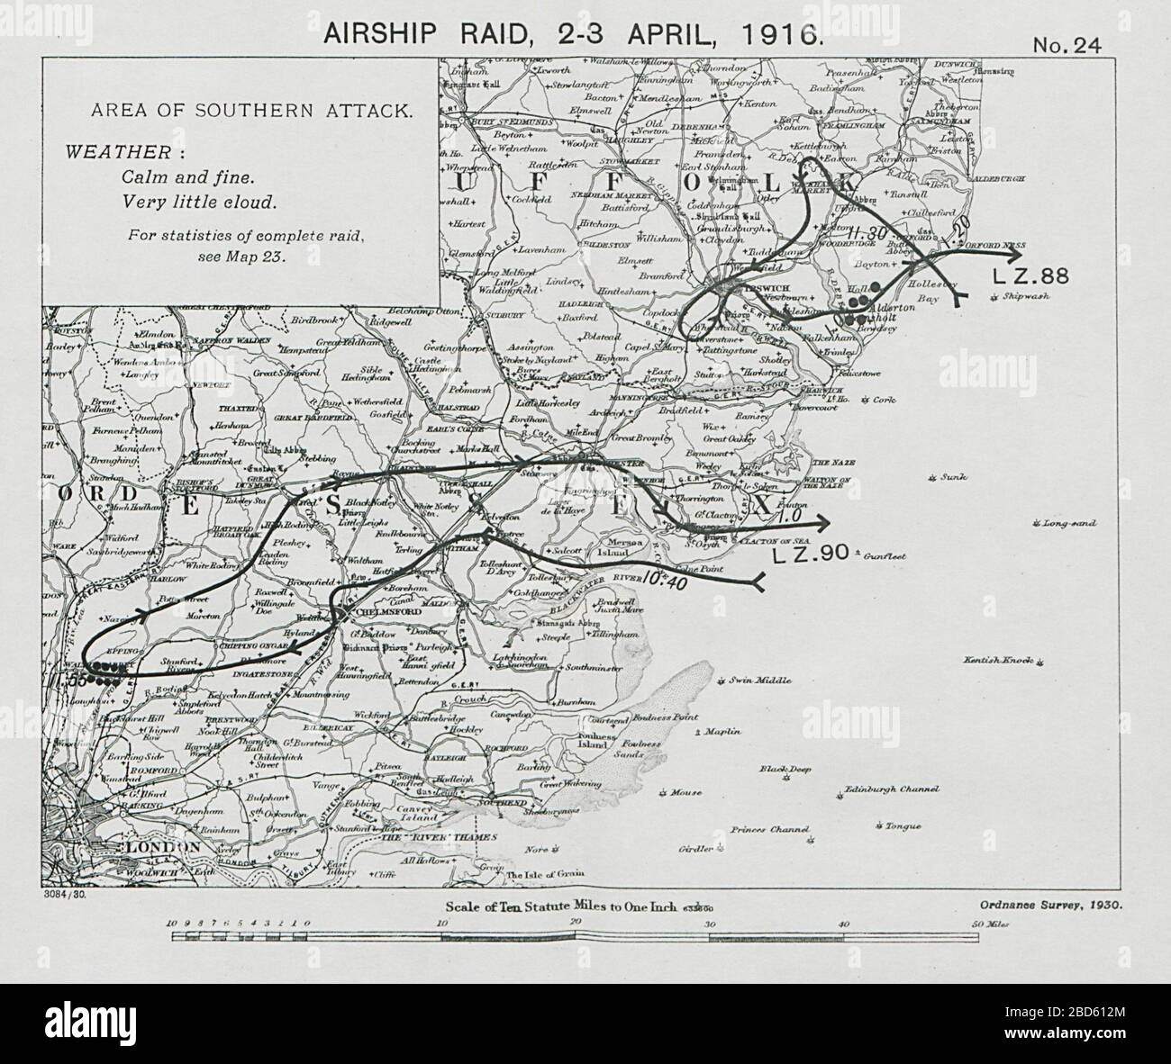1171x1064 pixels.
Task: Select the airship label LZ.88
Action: [1030, 276]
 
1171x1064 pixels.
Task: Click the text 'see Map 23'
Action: [241, 256]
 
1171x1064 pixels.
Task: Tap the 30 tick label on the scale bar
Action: [709, 924]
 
